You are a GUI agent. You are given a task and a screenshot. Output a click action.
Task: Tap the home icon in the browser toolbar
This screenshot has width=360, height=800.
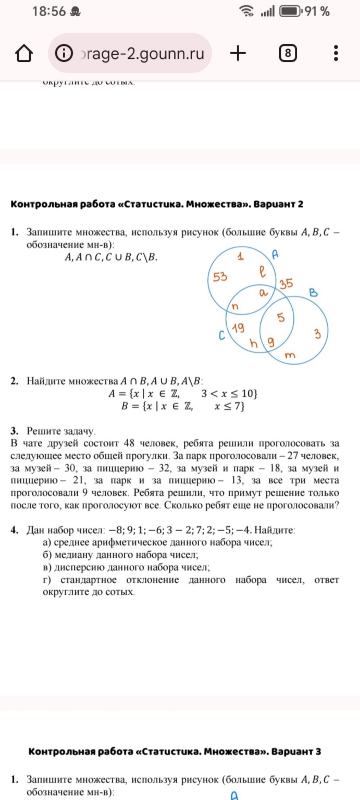[x=24, y=53]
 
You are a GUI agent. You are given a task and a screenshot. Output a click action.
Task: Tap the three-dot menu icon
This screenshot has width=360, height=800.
[x=336, y=53]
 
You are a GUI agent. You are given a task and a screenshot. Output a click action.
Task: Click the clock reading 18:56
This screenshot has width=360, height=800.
[x=49, y=11]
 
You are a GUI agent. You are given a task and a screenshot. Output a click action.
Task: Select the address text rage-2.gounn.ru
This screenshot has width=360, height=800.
[x=141, y=53]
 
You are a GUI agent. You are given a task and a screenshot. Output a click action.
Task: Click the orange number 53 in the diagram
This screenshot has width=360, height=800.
[x=220, y=277]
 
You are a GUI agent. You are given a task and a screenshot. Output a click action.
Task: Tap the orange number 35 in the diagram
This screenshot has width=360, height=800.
[x=287, y=284]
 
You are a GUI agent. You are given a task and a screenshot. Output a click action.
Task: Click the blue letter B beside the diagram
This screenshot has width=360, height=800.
[x=314, y=293]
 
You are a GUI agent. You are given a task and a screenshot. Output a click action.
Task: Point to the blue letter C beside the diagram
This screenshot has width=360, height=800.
[x=221, y=337]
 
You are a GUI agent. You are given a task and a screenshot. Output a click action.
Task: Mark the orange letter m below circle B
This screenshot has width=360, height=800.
[x=291, y=355]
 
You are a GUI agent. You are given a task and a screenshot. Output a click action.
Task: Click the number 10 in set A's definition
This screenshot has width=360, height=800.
[x=247, y=393]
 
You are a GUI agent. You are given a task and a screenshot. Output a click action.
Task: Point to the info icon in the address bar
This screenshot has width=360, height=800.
[x=64, y=53]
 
